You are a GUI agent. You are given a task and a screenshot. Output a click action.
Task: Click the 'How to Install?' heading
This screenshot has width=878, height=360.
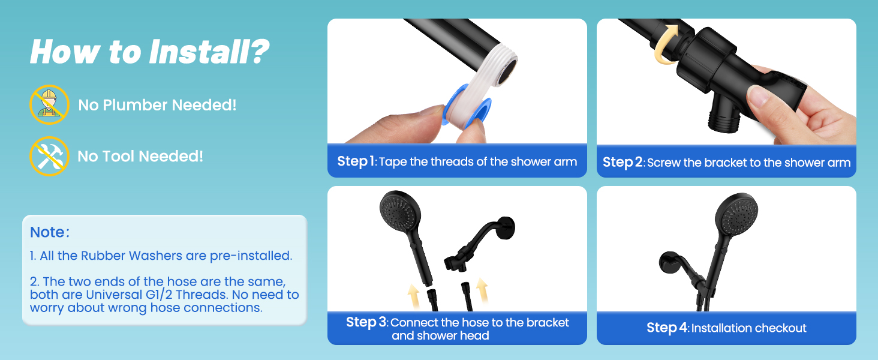click(x=149, y=52)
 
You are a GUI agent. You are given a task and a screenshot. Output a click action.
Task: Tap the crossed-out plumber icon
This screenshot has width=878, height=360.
click(x=49, y=105)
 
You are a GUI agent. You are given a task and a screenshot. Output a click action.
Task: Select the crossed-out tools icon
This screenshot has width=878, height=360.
click(x=49, y=156)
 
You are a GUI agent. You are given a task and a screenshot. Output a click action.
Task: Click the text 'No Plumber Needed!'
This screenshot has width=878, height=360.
click(x=157, y=105)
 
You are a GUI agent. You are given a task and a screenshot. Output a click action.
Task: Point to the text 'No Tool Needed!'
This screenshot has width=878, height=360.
click(x=140, y=157)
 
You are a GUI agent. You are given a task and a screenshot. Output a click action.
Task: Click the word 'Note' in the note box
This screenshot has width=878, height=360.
click(x=47, y=232)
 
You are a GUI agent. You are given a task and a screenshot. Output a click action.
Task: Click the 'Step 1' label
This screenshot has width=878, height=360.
click(x=356, y=161)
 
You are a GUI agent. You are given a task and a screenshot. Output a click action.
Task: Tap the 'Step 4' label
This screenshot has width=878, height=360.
click(x=666, y=328)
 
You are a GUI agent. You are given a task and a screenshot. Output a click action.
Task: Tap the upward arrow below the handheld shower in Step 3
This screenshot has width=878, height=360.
click(x=414, y=295)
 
